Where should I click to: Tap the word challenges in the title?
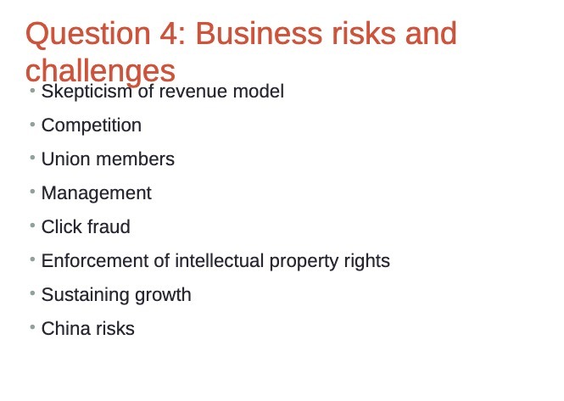click(100, 70)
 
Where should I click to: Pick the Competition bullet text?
click(92, 125)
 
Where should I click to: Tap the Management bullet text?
click(96, 193)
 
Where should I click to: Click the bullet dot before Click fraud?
click(32, 226)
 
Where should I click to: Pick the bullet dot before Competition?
click(32, 124)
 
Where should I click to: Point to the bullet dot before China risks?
click(32, 327)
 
